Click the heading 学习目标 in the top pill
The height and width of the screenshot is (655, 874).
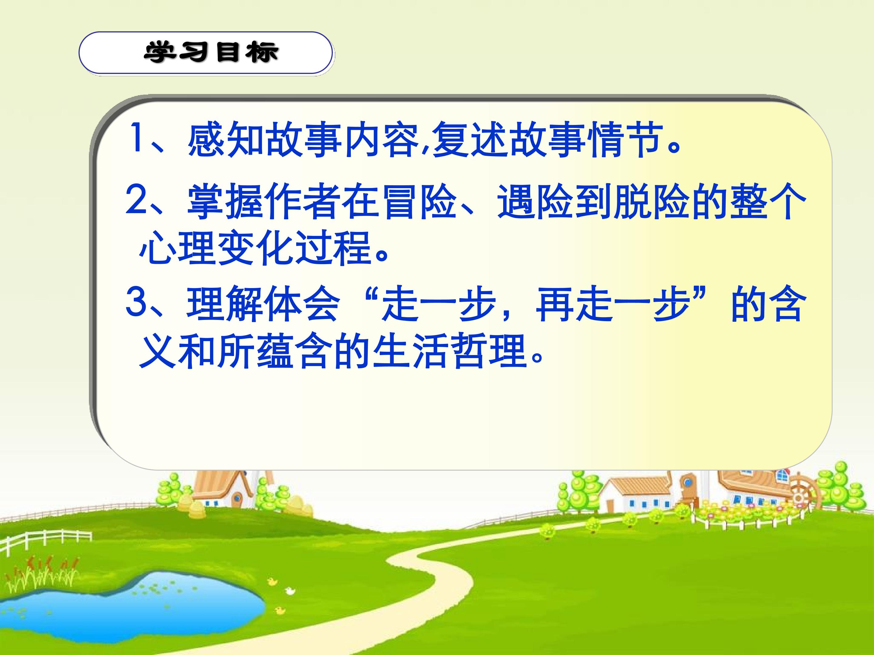click(212, 52)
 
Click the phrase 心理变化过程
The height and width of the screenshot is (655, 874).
click(255, 248)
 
